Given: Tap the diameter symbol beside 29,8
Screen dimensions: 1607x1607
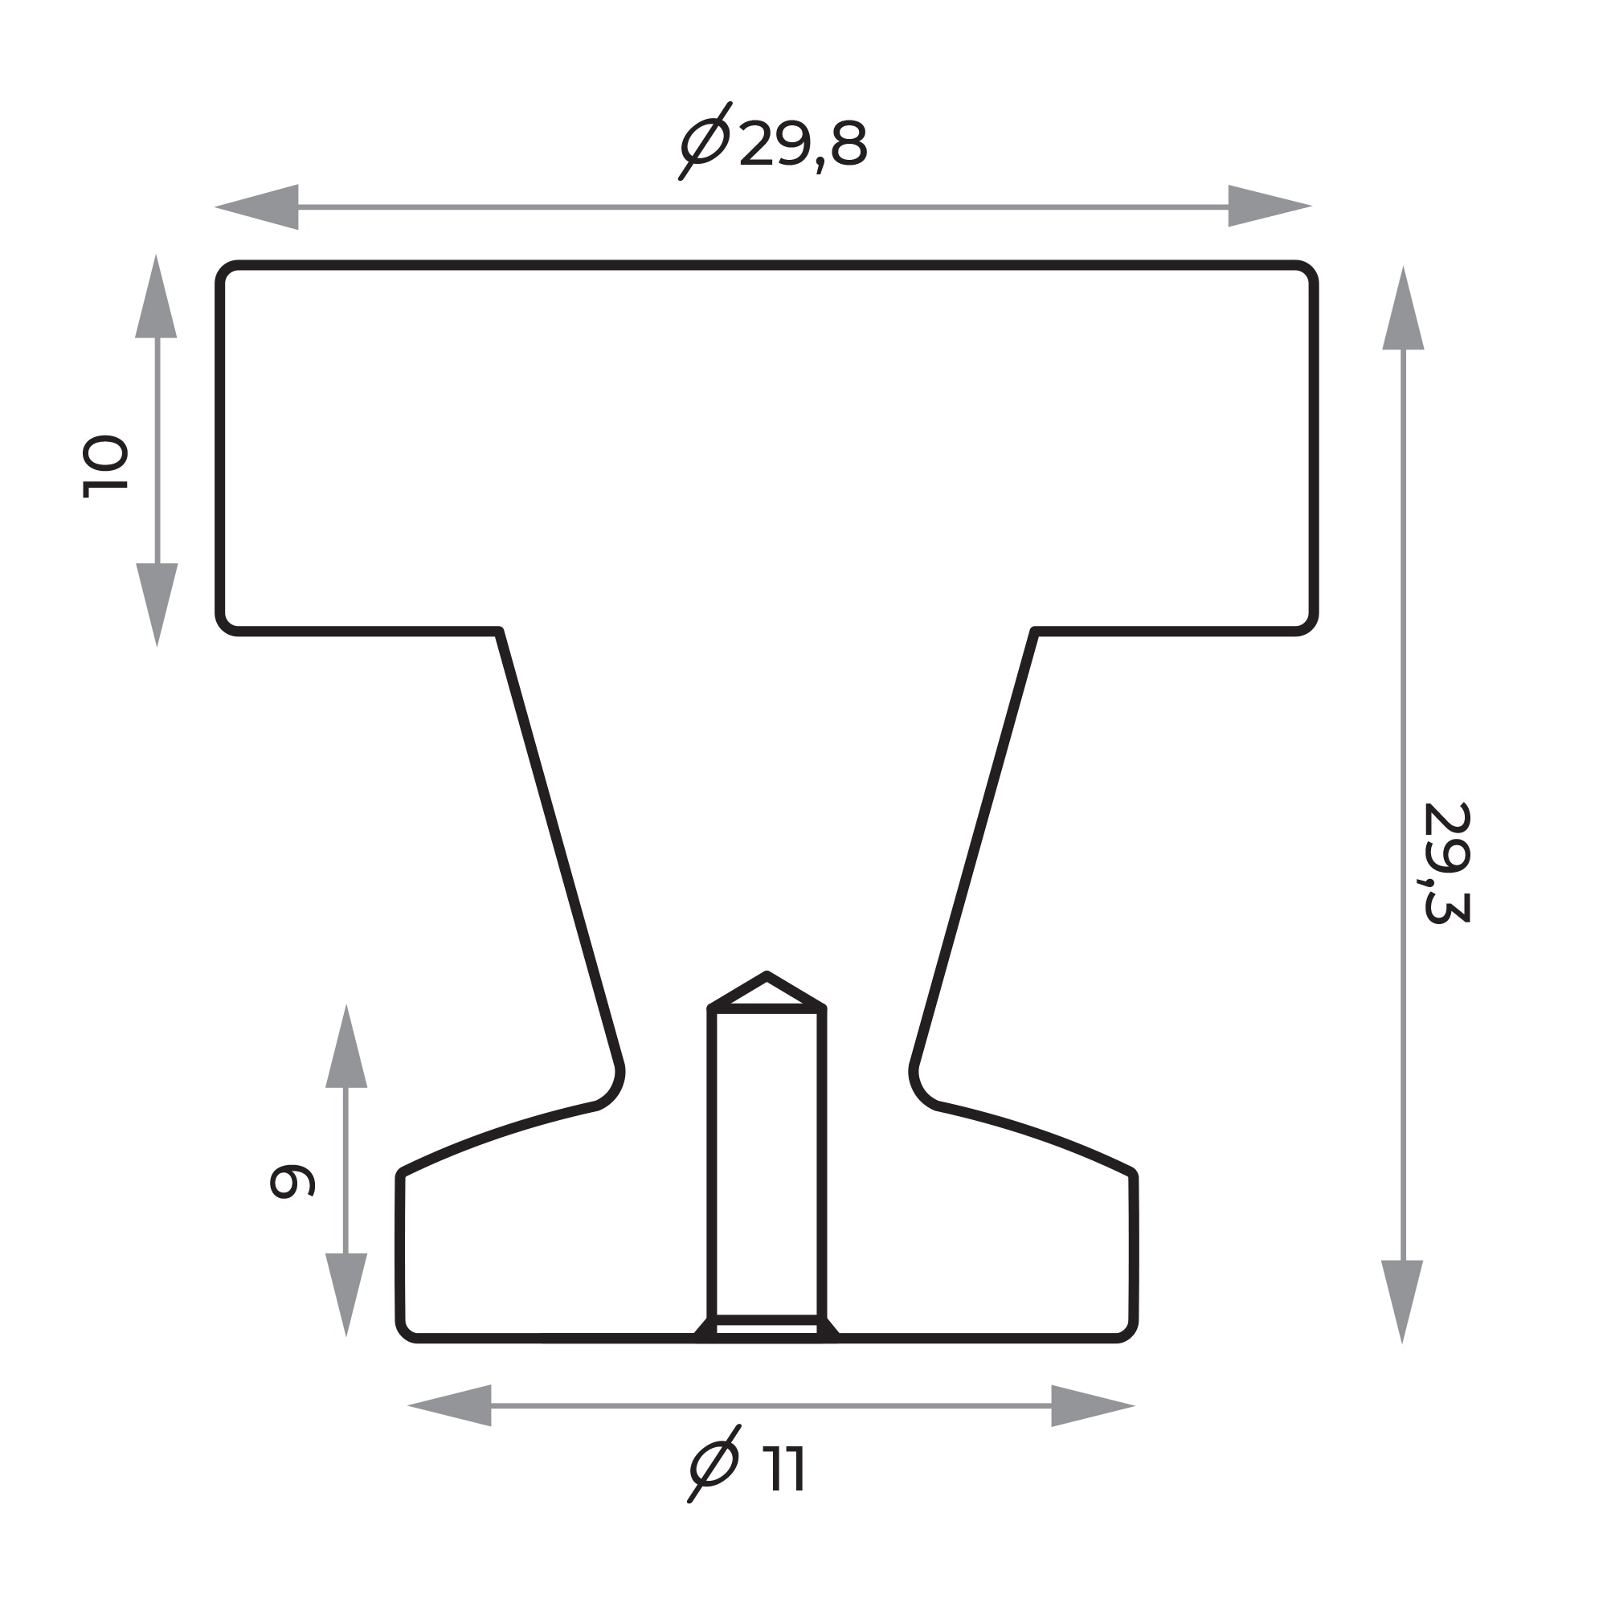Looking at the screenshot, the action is [x=705, y=141].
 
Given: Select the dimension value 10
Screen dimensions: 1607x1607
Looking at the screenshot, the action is [x=104, y=466].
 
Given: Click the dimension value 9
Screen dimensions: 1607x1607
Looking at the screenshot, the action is [x=292, y=1181].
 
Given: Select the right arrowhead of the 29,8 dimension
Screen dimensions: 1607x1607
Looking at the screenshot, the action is [x=1270, y=206].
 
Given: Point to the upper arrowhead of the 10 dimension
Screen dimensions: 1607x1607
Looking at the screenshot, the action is [x=157, y=296].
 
